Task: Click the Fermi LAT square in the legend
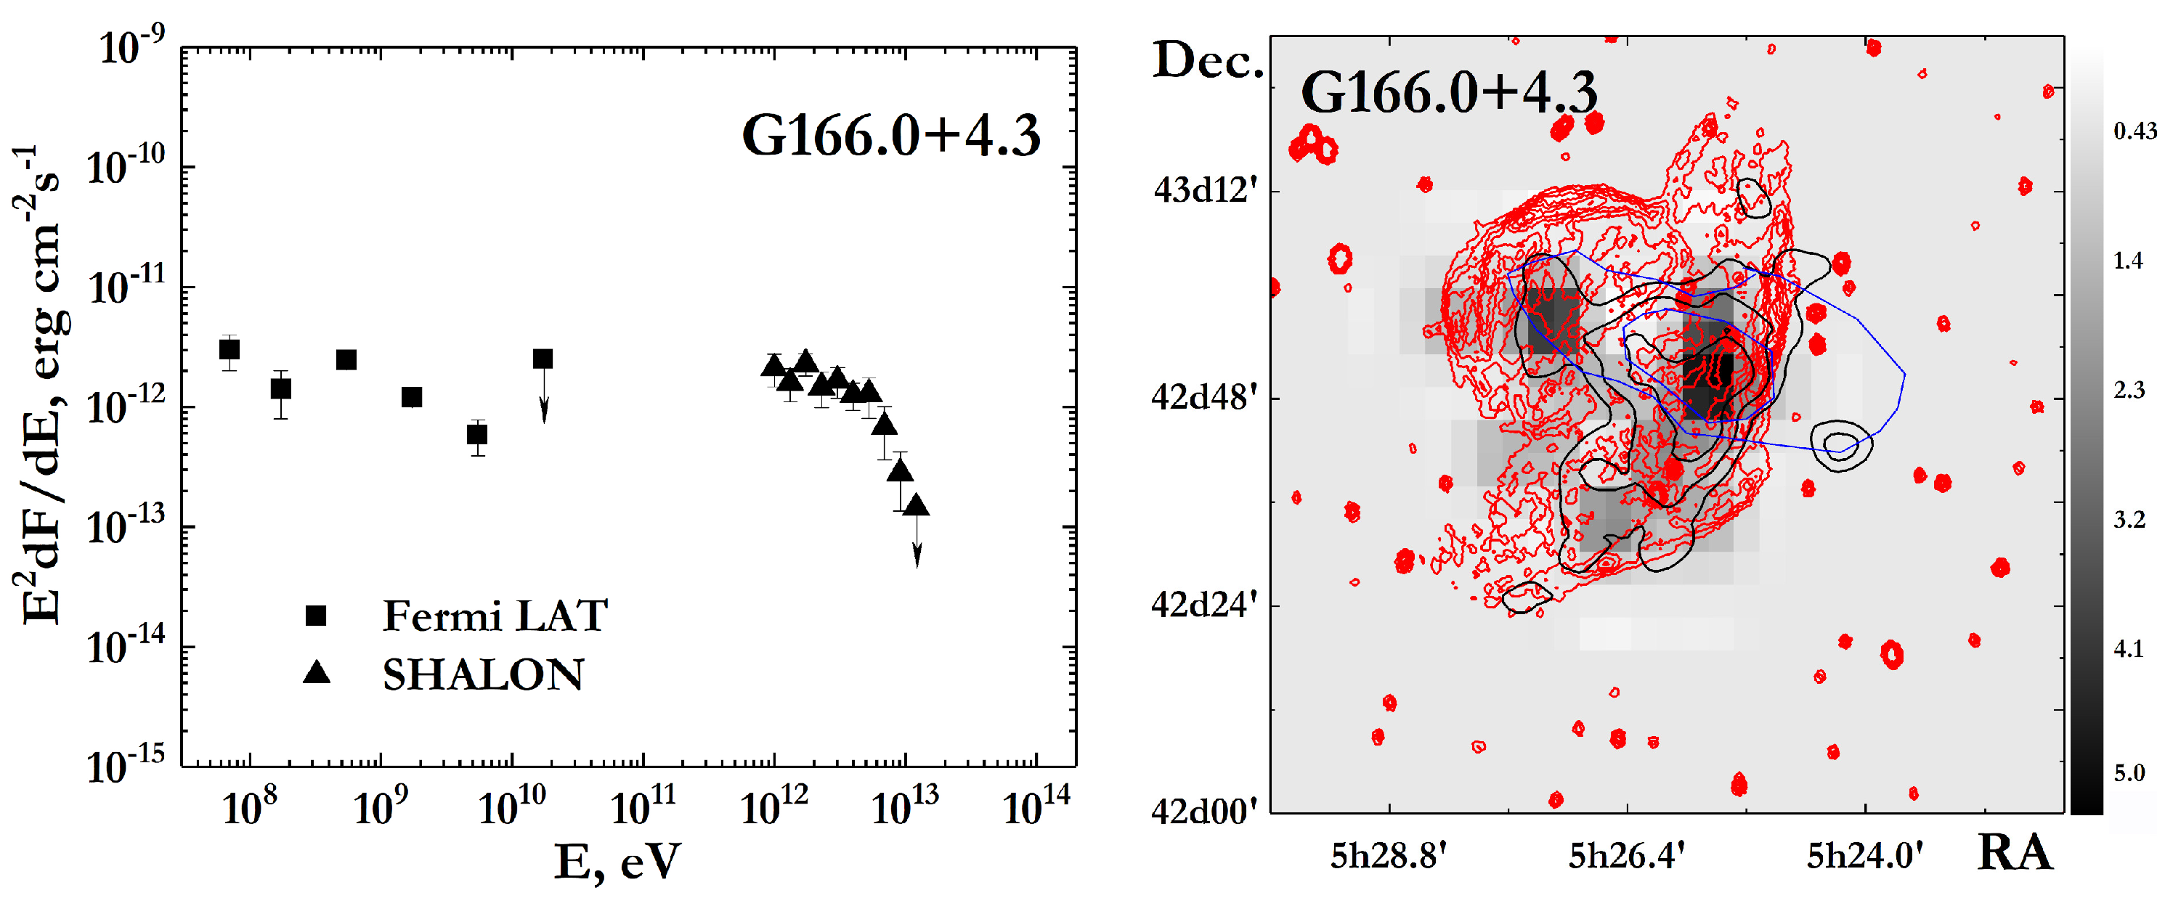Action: point(315,616)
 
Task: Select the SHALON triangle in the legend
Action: point(317,673)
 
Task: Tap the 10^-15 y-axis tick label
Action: point(126,766)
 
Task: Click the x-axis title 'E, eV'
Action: point(617,862)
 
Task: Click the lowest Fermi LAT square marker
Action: point(477,435)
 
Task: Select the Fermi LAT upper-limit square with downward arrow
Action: point(543,359)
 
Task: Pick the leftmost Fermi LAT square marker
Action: point(229,349)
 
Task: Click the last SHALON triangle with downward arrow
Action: point(916,507)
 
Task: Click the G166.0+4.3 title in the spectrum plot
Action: point(891,135)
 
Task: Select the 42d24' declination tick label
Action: point(1203,605)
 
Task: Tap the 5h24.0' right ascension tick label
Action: point(1864,856)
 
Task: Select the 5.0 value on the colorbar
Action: point(2128,773)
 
